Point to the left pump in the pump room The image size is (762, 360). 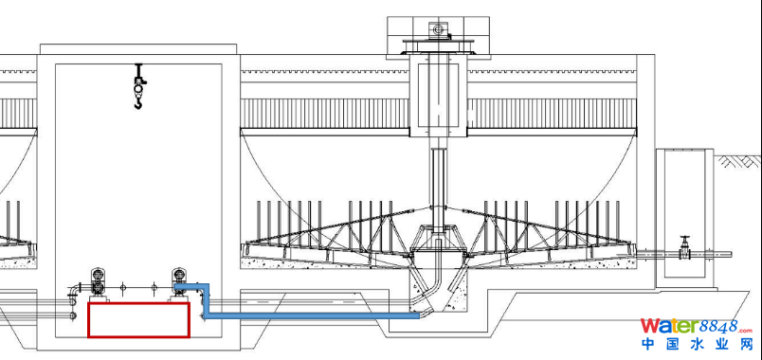tap(98, 281)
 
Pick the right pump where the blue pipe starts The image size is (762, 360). tap(179, 281)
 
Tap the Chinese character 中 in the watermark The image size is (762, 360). tap(649, 344)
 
